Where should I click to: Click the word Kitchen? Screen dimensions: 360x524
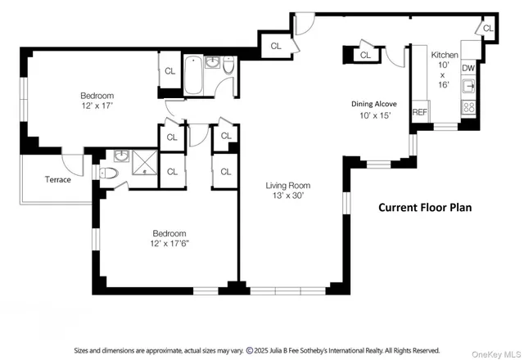coord(445,55)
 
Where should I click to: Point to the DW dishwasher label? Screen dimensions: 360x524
coord(468,69)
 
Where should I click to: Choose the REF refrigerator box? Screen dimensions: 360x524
coord(420,112)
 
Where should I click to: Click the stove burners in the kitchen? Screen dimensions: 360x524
coord(469,106)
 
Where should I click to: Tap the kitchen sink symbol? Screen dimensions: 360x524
coord(469,86)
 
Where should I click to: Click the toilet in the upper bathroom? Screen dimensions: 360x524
coord(228,71)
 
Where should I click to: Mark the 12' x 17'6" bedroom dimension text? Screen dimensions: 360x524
coord(169,243)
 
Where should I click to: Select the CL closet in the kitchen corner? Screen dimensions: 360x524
coord(488,29)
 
